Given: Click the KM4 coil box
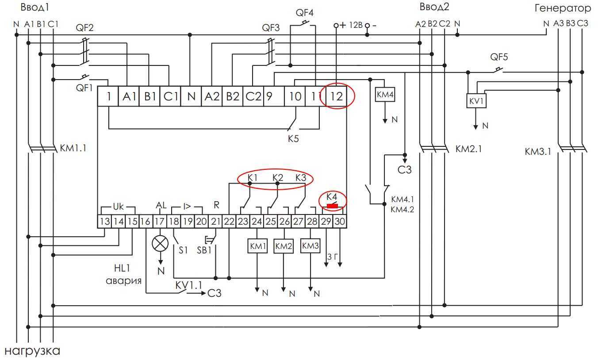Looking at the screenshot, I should [385, 95].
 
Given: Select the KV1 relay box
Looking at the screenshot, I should [476, 101].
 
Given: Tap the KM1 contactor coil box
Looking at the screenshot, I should [257, 247].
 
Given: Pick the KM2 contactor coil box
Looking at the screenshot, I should [284, 247].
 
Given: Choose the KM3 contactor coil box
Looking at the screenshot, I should [310, 246].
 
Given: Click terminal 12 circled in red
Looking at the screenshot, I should [337, 97].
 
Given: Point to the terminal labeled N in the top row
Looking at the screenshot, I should [191, 96].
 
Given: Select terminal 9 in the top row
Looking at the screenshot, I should [269, 96].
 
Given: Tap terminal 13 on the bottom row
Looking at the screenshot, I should [104, 221].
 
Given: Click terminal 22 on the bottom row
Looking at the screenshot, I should [229, 221].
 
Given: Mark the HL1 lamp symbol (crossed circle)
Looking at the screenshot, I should [160, 243].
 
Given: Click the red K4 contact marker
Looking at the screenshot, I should [332, 206].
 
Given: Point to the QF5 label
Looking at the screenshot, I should [499, 57].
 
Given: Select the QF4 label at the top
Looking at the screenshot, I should [305, 12].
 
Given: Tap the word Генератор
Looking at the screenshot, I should [563, 8].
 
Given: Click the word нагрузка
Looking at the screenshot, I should [32, 351].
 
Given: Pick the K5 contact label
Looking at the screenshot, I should [293, 138].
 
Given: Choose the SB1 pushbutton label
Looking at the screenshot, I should [204, 250].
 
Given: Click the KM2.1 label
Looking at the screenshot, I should [469, 149].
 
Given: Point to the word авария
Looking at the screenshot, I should [123, 281].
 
